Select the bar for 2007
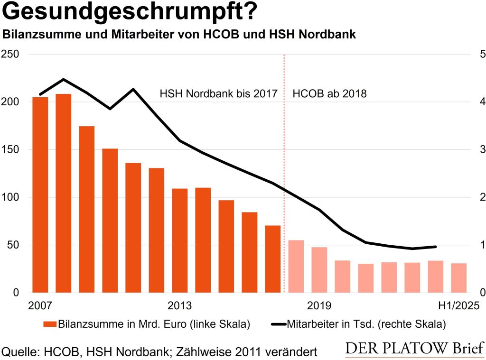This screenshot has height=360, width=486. click(x=40, y=194)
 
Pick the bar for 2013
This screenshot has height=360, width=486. click(x=180, y=240)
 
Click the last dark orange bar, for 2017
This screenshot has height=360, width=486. click(x=272, y=259)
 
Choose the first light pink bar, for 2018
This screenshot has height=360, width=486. click(x=296, y=266)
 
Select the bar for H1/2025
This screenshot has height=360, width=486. click(x=458, y=278)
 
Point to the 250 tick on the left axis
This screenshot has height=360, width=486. click(x=11, y=54)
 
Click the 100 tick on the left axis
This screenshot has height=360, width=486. click(x=11, y=197)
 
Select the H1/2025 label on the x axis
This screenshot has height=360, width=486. click(x=451, y=305)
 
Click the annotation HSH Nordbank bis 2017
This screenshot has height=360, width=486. click(x=218, y=93)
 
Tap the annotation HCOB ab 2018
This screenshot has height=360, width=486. click(x=329, y=93)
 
